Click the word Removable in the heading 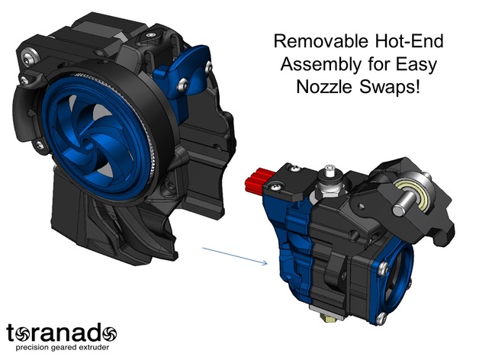pyautogui.click(x=322, y=41)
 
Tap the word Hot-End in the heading pyautogui.click(x=409, y=41)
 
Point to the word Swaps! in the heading pyautogui.click(x=389, y=88)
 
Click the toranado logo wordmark pyautogui.click(x=62, y=333)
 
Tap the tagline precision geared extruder pyautogui.click(x=63, y=348)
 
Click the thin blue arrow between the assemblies pyautogui.click(x=235, y=256)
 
